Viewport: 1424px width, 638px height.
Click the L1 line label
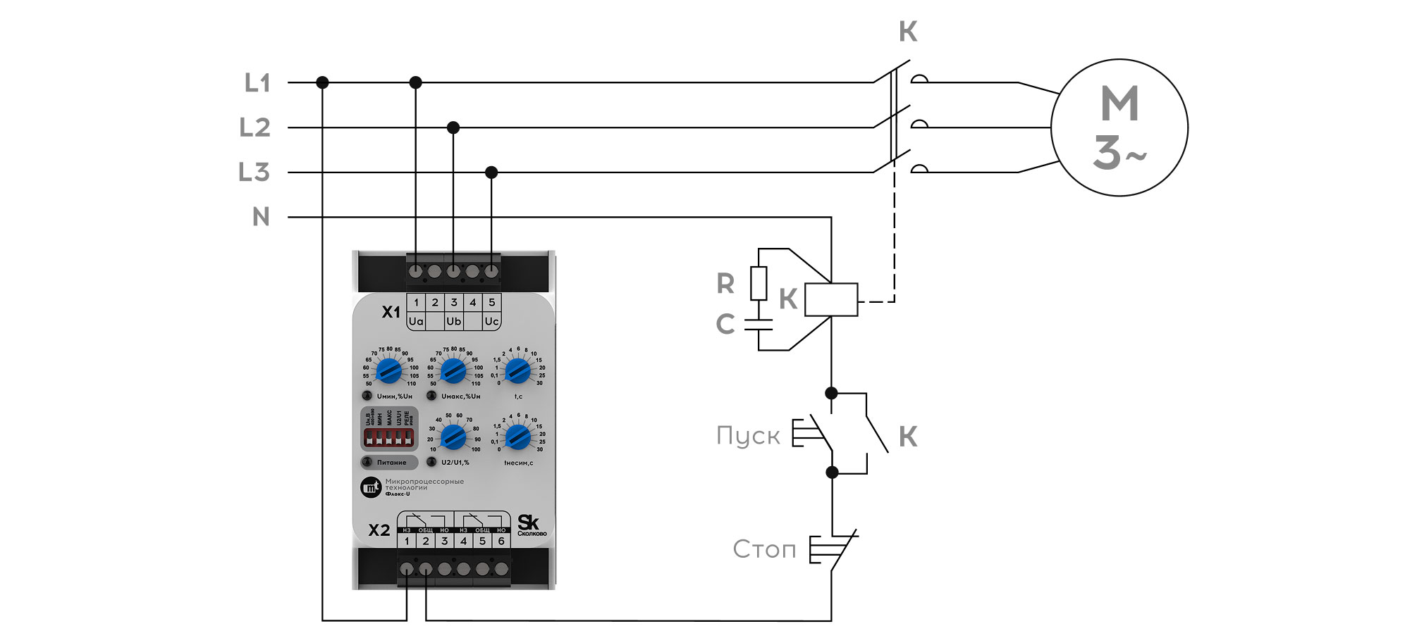point(257,83)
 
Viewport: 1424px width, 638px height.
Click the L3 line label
point(254,172)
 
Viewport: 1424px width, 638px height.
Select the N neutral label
point(261,217)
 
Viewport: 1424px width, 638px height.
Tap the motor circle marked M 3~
point(1119,127)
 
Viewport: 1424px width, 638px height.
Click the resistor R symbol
point(758,283)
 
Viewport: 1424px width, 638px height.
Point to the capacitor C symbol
point(758,325)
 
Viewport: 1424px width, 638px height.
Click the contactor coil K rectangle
point(831,299)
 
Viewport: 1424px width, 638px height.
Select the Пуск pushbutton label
point(748,436)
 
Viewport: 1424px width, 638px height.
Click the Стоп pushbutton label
point(764,549)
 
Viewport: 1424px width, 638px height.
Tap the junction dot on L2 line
point(453,127)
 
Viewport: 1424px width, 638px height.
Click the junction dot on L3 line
point(491,173)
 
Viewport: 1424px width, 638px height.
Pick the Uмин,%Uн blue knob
point(388,370)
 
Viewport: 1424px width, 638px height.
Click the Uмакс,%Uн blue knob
point(453,370)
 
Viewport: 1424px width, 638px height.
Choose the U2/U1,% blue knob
point(453,437)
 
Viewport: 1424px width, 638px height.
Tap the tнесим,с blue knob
point(517,437)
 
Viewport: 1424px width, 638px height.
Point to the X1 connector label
point(391,312)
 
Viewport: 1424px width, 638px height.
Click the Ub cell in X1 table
point(454,321)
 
